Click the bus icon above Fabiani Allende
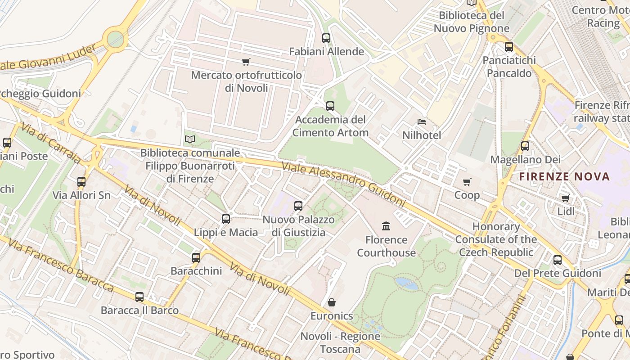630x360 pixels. [326, 38]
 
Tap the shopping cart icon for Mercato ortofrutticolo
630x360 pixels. [246, 62]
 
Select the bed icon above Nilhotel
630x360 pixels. [422, 122]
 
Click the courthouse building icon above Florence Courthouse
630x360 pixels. [386, 226]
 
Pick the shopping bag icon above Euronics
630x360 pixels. [332, 302]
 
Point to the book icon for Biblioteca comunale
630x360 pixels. [190, 139]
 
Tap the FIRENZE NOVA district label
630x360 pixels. [565, 176]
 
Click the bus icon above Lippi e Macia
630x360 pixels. [226, 219]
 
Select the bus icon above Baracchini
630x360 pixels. [196, 257]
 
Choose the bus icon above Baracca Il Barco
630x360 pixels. [139, 297]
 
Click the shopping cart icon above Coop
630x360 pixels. [467, 182]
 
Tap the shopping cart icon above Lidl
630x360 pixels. [566, 198]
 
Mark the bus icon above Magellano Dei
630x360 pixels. [525, 146]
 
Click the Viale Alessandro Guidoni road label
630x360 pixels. [343, 184]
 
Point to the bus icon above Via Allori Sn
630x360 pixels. [81, 182]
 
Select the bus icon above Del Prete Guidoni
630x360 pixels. [558, 260]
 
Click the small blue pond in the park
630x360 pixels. [406, 283]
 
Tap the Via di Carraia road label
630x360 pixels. [50, 144]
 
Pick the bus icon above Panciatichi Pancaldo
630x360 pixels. [509, 46]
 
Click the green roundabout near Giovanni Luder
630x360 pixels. [115, 39]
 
